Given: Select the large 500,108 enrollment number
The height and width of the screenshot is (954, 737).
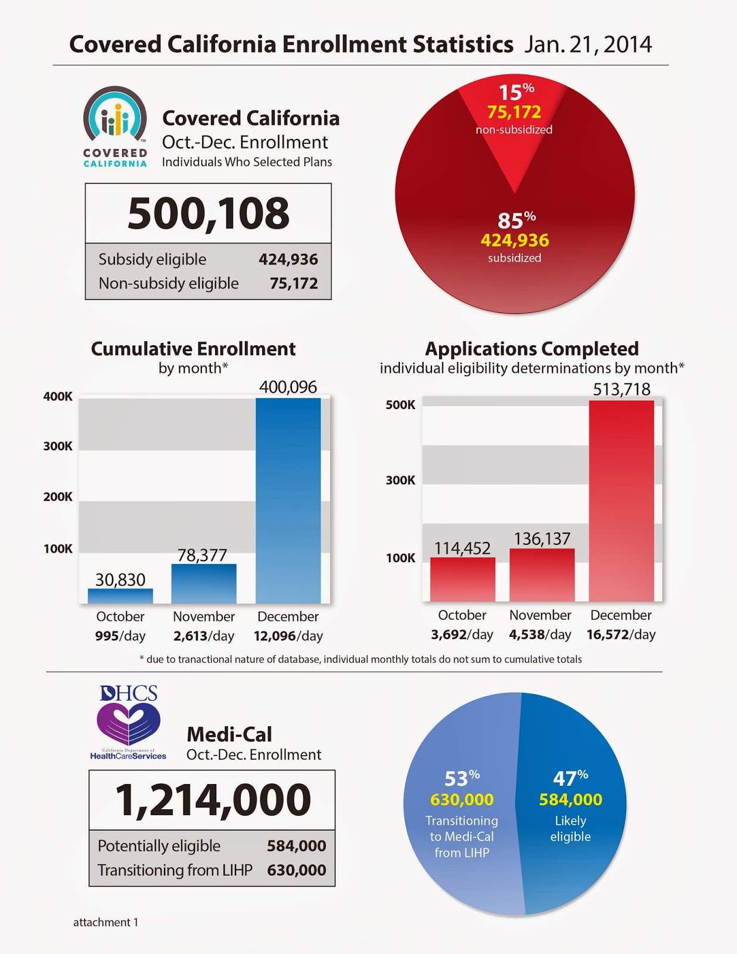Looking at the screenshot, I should point(209,213).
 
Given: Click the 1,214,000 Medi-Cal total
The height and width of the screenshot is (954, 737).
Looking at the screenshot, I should point(213,800).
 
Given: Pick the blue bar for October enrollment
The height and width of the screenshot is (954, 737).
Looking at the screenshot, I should point(120,596).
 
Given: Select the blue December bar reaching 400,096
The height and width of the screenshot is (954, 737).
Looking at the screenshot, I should point(288,501).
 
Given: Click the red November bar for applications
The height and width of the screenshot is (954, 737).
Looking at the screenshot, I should point(542,575).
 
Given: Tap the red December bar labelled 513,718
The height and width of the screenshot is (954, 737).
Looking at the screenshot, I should point(621,501).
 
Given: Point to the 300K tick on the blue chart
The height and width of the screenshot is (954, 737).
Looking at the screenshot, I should point(58,446).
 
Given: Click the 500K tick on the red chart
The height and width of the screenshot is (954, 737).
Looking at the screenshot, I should point(400,405).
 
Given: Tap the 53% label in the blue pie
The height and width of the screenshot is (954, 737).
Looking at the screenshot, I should point(462,778).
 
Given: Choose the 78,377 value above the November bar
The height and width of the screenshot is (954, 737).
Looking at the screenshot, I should point(203,555).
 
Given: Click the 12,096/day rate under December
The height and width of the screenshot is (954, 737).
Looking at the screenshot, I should point(288,636).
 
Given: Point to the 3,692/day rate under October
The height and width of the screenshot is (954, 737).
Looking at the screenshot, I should point(462,634).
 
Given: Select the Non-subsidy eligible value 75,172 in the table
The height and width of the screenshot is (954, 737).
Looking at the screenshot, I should point(294,283).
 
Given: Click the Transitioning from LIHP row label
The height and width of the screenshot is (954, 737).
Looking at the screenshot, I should point(175,870).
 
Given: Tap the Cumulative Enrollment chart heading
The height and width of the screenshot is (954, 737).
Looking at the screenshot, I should point(193,349).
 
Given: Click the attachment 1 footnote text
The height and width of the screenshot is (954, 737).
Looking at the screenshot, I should point(105,922).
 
